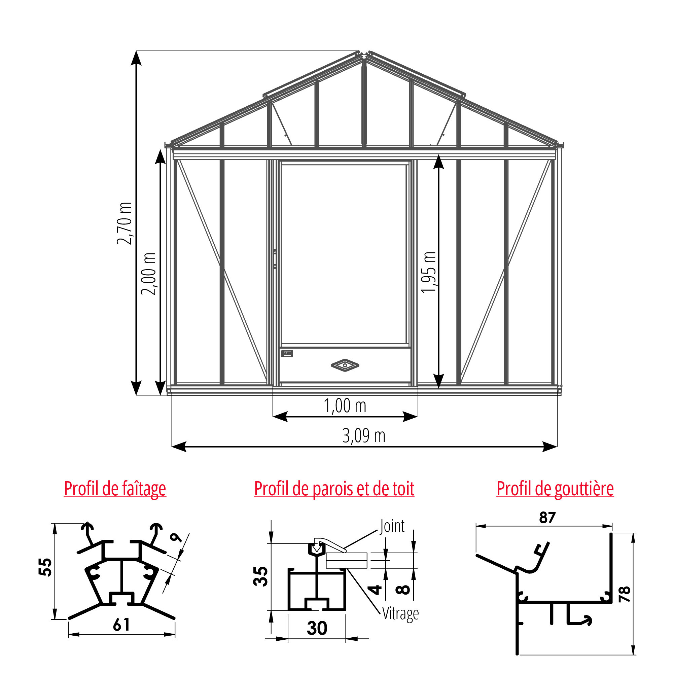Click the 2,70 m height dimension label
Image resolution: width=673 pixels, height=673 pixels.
(x=125, y=223)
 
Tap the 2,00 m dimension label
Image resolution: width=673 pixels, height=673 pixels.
(x=148, y=274)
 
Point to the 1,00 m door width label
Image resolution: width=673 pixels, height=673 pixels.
(x=345, y=406)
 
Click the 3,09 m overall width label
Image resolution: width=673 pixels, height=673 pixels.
(x=364, y=436)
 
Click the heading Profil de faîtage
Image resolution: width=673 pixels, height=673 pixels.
(x=115, y=489)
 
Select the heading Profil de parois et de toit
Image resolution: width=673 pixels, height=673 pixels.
(x=334, y=488)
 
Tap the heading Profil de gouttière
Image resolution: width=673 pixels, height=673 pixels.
(x=555, y=489)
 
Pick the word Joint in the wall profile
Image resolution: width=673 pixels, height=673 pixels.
(x=392, y=526)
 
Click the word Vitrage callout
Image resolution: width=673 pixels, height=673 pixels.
(x=400, y=614)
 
